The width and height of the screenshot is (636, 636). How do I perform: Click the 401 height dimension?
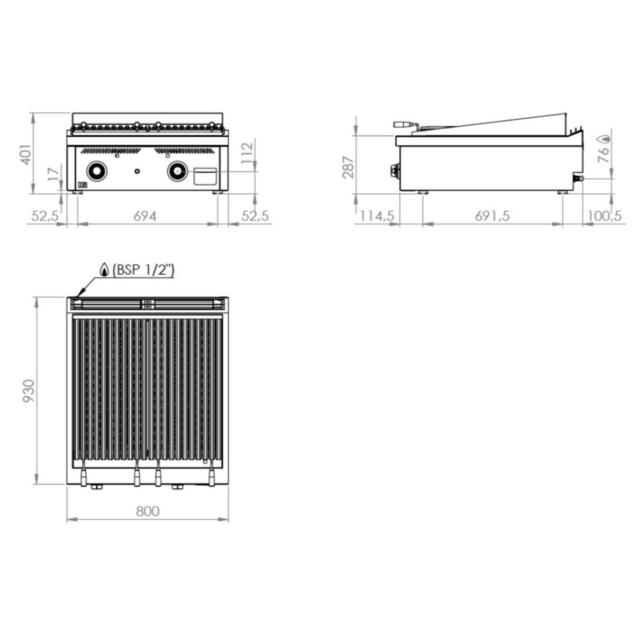click(x=26, y=155)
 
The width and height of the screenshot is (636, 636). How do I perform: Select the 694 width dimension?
click(x=145, y=216)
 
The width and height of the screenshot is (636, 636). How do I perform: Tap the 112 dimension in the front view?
click(x=247, y=153)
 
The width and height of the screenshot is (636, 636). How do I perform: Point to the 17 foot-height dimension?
click(x=54, y=175)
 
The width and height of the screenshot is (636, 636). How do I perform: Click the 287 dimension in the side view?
click(x=348, y=167)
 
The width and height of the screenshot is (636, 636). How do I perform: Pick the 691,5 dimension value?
click(x=492, y=216)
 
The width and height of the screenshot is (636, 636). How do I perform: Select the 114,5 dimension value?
click(x=377, y=216)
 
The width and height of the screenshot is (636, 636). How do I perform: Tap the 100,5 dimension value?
click(x=604, y=216)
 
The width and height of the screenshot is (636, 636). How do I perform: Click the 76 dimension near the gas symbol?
click(x=604, y=154)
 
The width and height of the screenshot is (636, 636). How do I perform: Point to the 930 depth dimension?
click(x=29, y=391)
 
